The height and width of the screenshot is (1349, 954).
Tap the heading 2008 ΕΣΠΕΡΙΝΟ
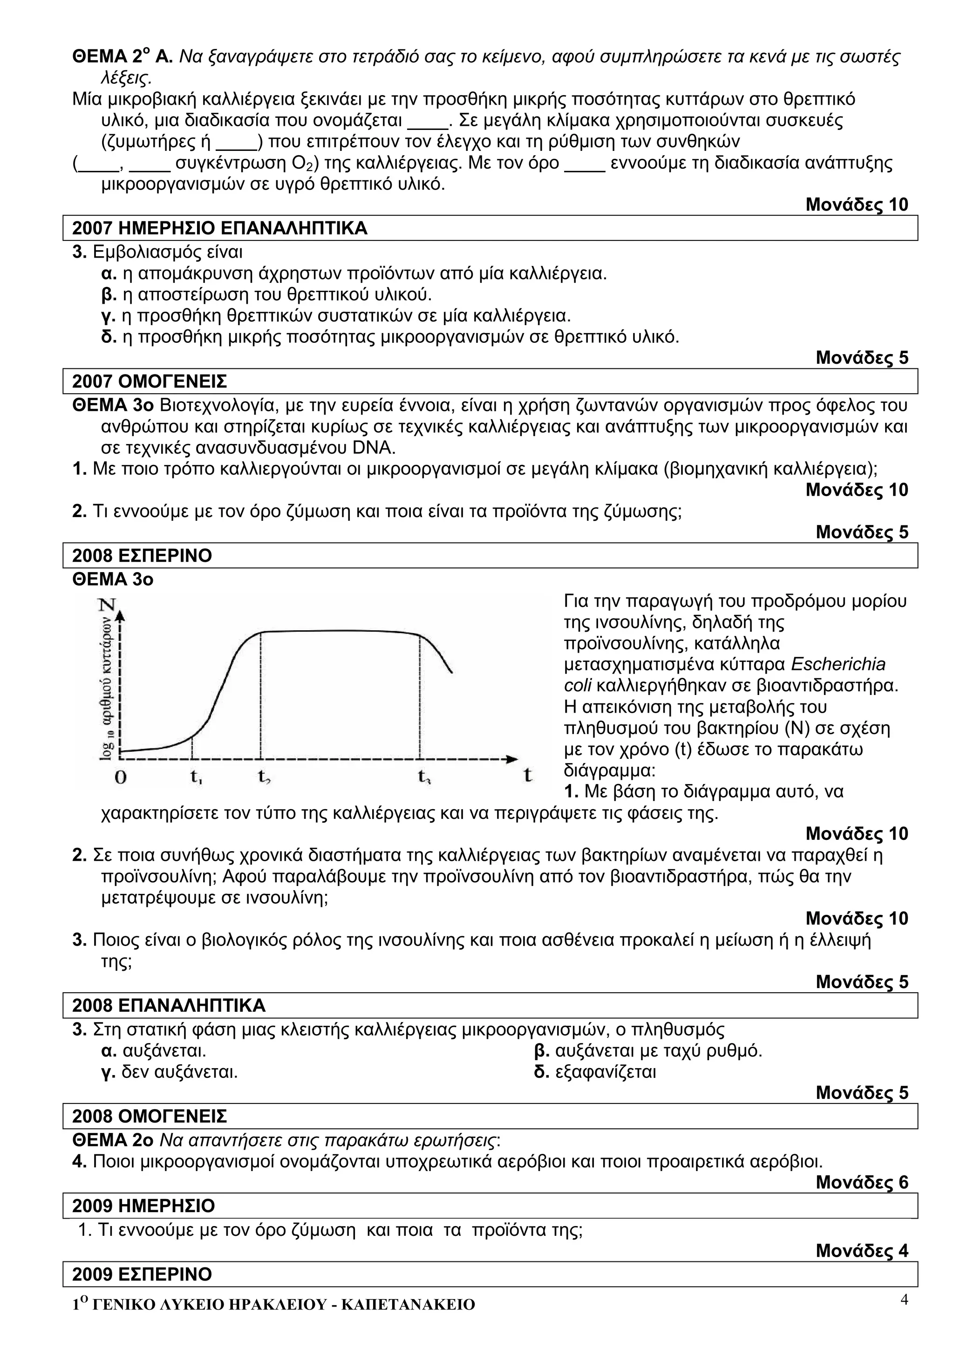pyautogui.click(x=142, y=555)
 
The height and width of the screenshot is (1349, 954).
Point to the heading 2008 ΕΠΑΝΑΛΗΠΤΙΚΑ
pyautogui.click(x=169, y=1005)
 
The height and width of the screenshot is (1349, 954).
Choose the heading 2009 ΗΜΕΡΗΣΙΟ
pyautogui.click(x=143, y=1206)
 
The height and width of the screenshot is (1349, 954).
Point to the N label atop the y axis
pyautogui.click(x=108, y=605)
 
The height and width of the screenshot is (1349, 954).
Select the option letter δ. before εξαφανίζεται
pyautogui.click(x=541, y=1072)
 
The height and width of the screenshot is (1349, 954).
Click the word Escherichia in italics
pyautogui.click(x=838, y=665)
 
